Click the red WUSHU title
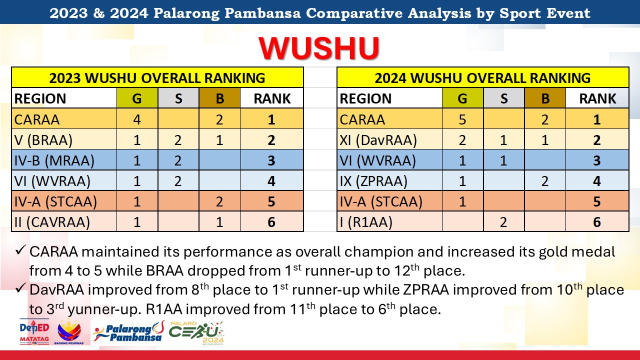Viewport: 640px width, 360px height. (319, 48)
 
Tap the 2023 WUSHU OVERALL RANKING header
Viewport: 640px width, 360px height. (157, 78)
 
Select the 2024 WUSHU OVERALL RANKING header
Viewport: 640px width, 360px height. (482, 78)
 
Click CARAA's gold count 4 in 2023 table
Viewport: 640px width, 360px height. (137, 119)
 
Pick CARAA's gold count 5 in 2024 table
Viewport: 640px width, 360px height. (462, 119)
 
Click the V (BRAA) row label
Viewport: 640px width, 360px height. (43, 140)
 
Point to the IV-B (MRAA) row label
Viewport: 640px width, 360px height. (54, 160)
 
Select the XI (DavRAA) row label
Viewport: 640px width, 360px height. (378, 140)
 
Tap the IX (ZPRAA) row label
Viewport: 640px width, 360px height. (373, 181)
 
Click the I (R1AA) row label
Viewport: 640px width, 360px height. (366, 222)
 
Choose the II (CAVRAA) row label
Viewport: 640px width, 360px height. (52, 222)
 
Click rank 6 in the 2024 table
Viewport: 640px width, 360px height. (597, 222)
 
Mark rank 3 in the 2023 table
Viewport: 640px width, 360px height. (271, 160)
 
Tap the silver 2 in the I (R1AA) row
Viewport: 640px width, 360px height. (503, 222)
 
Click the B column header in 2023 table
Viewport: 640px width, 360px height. (219, 98)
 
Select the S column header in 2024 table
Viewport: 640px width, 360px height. (503, 98)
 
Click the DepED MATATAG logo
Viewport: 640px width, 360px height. (34, 332)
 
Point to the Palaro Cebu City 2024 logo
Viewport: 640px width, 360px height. (196, 333)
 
